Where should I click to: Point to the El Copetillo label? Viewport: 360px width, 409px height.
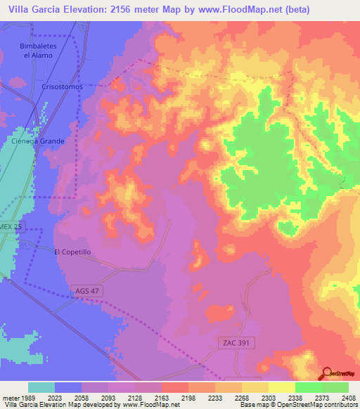pos(72,251)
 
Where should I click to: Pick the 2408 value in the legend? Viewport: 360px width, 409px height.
pos(349,397)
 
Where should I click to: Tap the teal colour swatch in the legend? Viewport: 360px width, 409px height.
pos(41,387)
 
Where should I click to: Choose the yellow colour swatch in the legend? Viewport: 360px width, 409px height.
pos(282,387)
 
